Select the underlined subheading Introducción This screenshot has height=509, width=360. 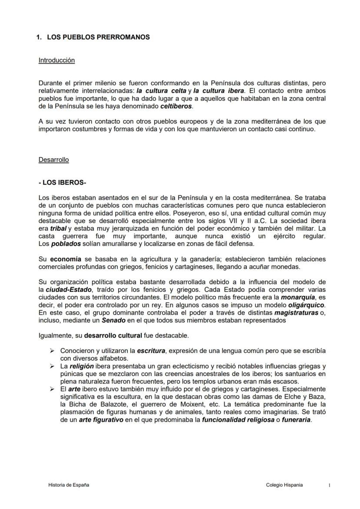click(57, 60)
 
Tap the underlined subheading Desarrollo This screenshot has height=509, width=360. click(53, 160)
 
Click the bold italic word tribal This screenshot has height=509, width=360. click(58, 228)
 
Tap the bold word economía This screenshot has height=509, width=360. click(66, 259)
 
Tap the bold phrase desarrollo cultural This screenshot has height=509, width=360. click(113, 336)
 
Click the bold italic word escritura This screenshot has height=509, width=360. click(152, 351)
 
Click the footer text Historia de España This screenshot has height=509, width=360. click(68, 485)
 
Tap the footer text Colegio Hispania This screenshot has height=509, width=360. click(284, 485)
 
